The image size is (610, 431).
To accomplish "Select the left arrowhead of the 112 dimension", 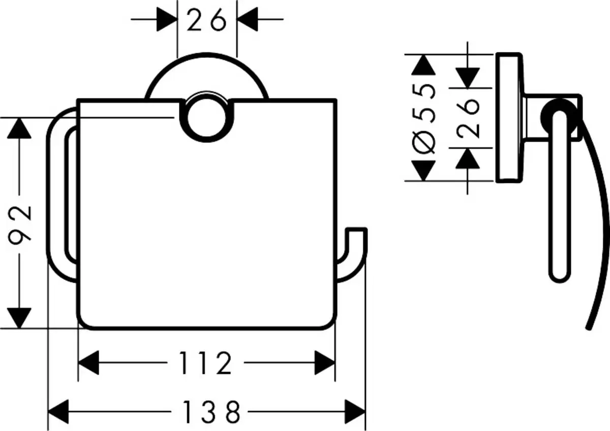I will (88, 363).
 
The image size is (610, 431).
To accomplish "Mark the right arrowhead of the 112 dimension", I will (325, 363).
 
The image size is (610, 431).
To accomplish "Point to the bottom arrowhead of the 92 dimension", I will (19, 318).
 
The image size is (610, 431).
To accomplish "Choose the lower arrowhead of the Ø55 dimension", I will (423, 171).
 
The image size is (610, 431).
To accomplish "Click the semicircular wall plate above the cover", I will (207, 76).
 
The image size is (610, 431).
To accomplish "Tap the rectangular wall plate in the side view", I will (508, 117).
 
